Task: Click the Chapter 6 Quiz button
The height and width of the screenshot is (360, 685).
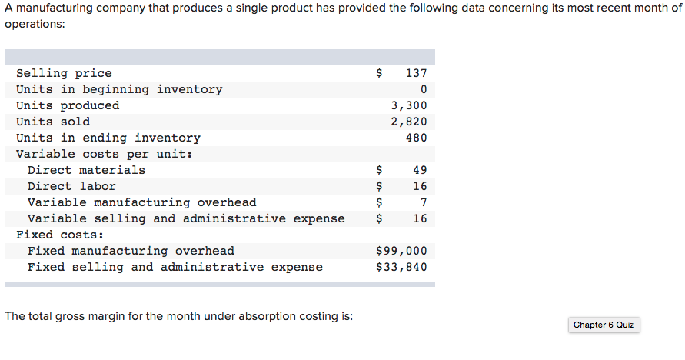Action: pyautogui.click(x=604, y=325)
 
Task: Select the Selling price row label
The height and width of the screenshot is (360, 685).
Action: pyautogui.click(x=64, y=73)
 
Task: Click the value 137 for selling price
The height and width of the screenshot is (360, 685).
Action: pyautogui.click(x=415, y=73)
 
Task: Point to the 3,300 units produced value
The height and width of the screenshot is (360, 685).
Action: pyautogui.click(x=408, y=105)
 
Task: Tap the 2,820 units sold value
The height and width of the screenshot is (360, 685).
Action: pyautogui.click(x=408, y=122)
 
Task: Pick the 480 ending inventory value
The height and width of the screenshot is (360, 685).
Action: pyautogui.click(x=415, y=138)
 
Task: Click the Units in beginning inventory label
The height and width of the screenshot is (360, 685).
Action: pyautogui.click(x=119, y=89)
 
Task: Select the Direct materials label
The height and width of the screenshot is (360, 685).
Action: pyautogui.click(x=86, y=170)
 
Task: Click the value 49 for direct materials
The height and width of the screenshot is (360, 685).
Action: pyautogui.click(x=419, y=170)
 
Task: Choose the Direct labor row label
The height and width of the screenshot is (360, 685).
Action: pyautogui.click(x=71, y=186)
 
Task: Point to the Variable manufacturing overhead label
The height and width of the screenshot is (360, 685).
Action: pyautogui.click(x=142, y=202)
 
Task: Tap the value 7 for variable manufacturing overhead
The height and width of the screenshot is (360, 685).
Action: pyautogui.click(x=423, y=202)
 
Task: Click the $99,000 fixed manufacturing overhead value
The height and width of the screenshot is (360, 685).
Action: pyautogui.click(x=401, y=251)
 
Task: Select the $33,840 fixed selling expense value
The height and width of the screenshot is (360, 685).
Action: pyautogui.click(x=401, y=267)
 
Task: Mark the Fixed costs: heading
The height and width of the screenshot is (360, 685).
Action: pyautogui.click(x=60, y=235)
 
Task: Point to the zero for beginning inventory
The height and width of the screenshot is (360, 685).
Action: pyautogui.click(x=423, y=89)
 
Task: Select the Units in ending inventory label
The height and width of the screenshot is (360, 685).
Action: pyautogui.click(x=108, y=138)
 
